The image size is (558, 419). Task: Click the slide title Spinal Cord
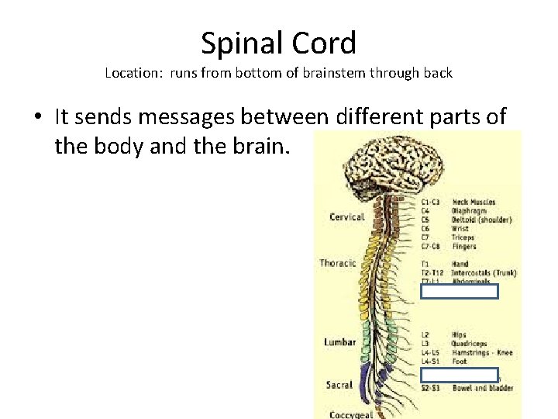tap(278, 43)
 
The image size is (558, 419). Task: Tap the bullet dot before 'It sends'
tap(38, 118)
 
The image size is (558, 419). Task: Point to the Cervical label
tap(346, 216)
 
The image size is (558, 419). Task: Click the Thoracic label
tap(338, 263)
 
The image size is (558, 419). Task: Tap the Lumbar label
tap(339, 341)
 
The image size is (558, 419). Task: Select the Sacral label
tap(339, 384)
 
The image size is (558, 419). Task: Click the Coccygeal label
tap(350, 414)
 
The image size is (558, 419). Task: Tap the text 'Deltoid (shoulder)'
tap(481, 220)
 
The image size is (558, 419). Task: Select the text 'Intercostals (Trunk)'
tap(484, 272)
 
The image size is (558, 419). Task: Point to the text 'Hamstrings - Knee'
tap(481, 352)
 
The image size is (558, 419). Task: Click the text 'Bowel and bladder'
tap(482, 388)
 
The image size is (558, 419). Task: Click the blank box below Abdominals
tap(459, 292)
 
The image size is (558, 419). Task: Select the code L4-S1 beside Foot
tap(432, 361)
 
